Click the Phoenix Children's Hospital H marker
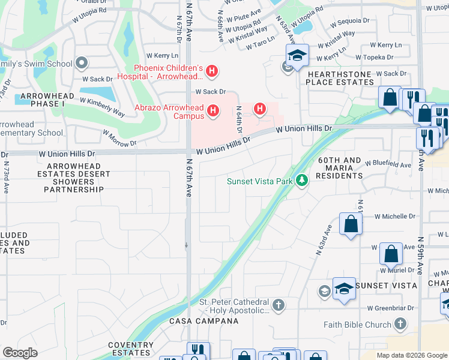[211, 72]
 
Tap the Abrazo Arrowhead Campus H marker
[212, 111]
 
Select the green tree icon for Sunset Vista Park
[301, 181]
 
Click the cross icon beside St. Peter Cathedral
[278, 306]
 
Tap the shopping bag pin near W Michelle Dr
[351, 224]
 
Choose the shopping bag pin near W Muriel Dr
[391, 254]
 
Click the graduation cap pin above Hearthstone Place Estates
[297, 56]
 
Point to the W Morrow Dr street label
[119, 138]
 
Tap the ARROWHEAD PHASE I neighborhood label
[47, 100]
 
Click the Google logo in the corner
[20, 353]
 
